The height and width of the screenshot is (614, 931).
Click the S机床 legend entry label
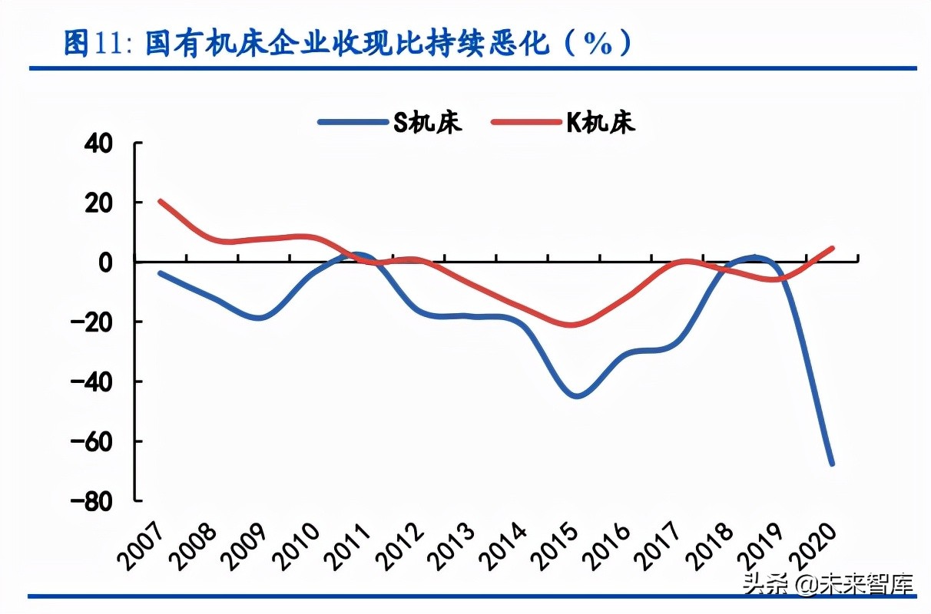[x=428, y=123]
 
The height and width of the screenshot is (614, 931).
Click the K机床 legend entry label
[x=601, y=123]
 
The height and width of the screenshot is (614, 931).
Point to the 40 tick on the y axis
[x=98, y=143]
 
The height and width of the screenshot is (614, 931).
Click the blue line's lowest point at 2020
[x=833, y=464]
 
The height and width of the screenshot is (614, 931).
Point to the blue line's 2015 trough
[x=576, y=396]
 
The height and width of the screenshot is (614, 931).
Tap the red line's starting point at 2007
[x=160, y=201]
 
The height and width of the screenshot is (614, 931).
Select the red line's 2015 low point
[x=572, y=325]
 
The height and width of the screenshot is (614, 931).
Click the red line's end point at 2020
[x=833, y=248]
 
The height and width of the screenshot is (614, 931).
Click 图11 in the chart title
[x=91, y=44]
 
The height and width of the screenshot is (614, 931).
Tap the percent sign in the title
[x=597, y=44]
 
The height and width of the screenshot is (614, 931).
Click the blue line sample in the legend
[x=350, y=123]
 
